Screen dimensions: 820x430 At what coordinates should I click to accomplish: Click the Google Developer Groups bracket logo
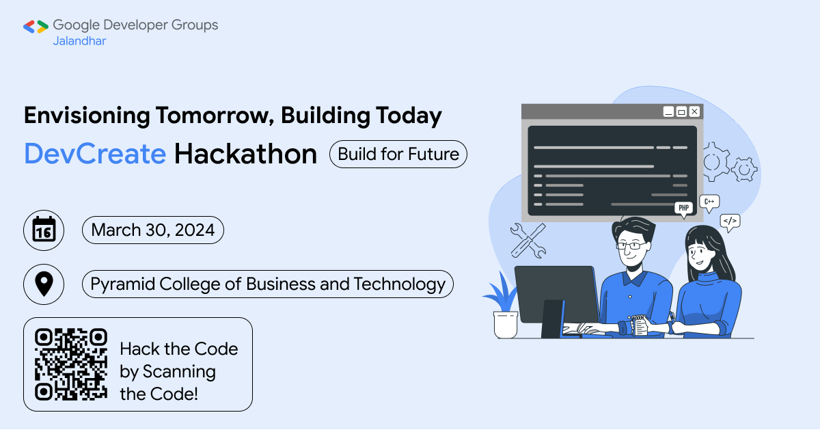point(36,27)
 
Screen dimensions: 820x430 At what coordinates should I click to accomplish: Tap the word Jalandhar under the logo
point(79,41)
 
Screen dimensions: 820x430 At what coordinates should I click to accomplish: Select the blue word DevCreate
point(95,154)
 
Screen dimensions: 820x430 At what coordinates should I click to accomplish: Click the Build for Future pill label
point(398,154)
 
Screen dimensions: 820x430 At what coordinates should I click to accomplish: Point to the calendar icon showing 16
point(44,230)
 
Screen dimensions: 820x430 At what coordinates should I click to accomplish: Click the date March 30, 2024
point(152,230)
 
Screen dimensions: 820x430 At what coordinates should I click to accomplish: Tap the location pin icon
point(44,284)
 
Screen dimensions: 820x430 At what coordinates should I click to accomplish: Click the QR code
point(71,364)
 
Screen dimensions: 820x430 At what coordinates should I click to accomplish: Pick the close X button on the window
point(694,111)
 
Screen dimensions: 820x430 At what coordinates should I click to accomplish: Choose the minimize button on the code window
point(668,111)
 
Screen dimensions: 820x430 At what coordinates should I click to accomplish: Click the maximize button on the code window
point(682,111)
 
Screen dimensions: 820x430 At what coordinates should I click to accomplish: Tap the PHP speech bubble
point(683,209)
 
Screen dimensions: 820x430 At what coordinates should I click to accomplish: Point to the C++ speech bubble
point(709,202)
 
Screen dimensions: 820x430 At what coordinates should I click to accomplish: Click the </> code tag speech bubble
point(730,221)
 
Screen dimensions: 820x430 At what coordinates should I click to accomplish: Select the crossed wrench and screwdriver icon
point(528,241)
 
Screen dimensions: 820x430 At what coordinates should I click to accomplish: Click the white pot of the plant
point(506,325)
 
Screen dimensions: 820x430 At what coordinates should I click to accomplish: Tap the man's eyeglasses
point(631,245)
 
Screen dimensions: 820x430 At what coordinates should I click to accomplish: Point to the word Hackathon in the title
point(245,154)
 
